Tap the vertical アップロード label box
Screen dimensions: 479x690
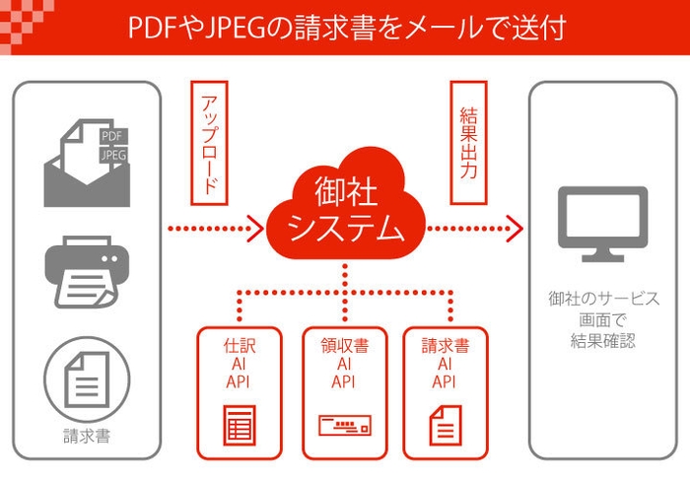coord(208,143)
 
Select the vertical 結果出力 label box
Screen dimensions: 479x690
coord(469,143)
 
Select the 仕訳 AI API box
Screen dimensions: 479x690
coord(240,392)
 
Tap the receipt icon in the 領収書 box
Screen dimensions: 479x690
coord(343,427)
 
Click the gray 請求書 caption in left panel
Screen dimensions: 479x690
coord(87,432)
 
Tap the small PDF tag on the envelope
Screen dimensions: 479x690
coord(112,136)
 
